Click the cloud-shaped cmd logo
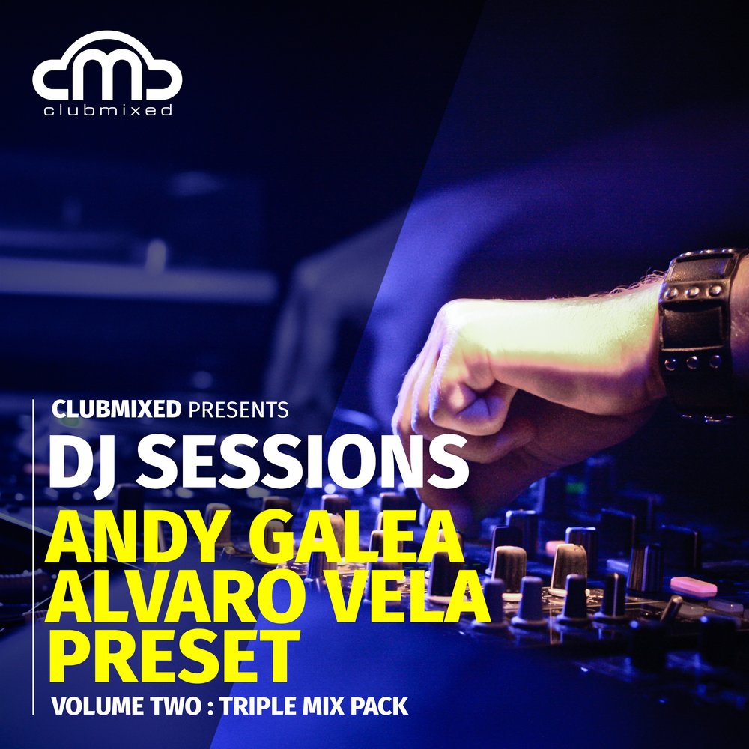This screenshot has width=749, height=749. tap(107, 67)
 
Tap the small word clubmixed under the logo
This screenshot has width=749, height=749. tap(107, 110)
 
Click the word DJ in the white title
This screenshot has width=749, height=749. tap(79, 458)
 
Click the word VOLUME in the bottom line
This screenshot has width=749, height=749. tap(91, 706)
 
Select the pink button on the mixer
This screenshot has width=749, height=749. tap(693, 586)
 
